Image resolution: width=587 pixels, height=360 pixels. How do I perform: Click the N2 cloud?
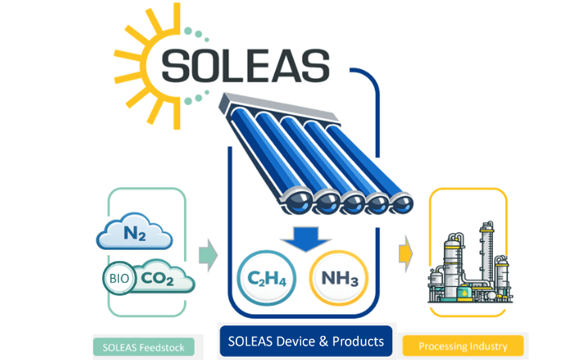(134, 231)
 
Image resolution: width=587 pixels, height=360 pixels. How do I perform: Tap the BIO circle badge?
(119, 278)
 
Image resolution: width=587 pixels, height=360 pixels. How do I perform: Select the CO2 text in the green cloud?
(158, 278)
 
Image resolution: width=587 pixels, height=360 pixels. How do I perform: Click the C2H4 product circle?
(266, 278)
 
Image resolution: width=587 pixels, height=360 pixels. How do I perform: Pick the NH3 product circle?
(339, 278)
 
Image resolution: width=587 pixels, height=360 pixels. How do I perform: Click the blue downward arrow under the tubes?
(306, 239)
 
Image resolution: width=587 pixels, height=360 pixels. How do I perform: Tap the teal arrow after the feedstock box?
(208, 255)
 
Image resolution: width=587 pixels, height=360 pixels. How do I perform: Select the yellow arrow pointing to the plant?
(406, 254)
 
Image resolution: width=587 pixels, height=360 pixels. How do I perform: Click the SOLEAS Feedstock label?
(144, 347)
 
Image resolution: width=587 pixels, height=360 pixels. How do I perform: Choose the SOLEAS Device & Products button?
(306, 342)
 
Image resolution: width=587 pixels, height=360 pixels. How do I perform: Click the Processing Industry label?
(462, 346)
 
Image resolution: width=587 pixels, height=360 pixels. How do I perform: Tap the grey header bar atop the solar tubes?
(279, 108)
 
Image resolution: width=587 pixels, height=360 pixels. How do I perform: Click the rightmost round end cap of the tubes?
(401, 203)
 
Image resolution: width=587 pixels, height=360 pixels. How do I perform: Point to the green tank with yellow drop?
(465, 292)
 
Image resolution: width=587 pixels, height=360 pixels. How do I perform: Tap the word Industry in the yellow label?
(489, 346)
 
